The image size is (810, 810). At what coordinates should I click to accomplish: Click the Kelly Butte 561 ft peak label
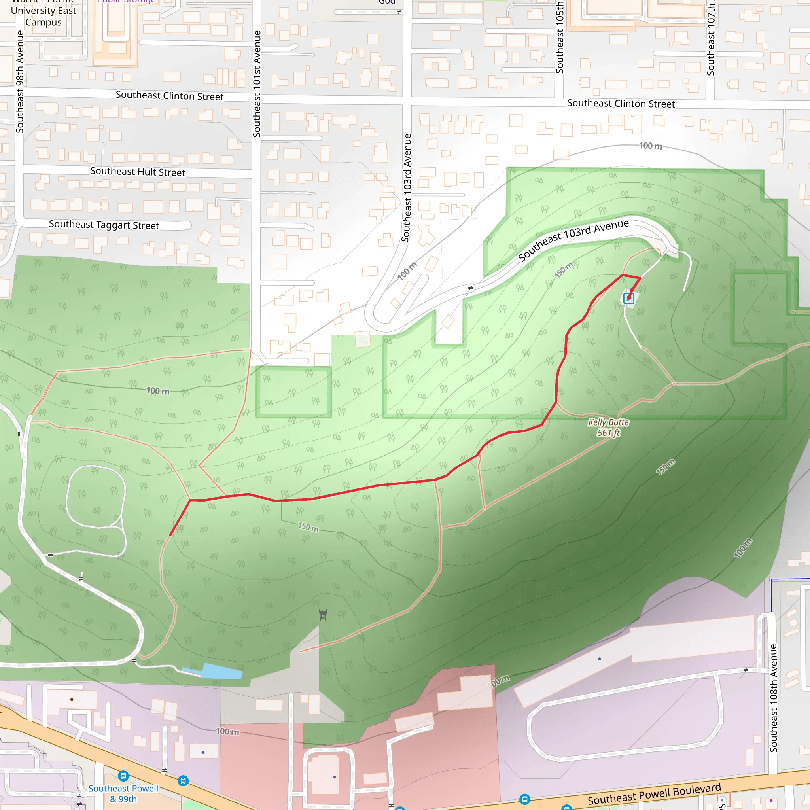(x=608, y=427)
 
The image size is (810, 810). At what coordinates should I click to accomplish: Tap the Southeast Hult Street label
(x=138, y=172)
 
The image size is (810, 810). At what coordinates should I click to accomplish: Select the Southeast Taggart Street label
(x=104, y=225)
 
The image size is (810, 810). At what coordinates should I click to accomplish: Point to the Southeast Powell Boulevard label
(x=654, y=794)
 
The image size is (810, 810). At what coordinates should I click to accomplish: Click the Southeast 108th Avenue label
(x=774, y=698)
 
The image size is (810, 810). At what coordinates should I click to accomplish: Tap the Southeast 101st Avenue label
(x=257, y=84)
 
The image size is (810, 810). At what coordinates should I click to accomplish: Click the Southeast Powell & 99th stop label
(x=123, y=794)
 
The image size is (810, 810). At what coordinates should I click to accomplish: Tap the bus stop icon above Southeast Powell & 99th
(x=123, y=776)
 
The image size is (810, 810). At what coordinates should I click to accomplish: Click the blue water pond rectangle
(x=222, y=671)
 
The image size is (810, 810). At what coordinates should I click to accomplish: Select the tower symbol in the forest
(x=323, y=615)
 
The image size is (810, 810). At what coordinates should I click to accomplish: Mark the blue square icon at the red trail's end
(x=628, y=298)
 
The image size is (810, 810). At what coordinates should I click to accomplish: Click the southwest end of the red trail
(x=170, y=535)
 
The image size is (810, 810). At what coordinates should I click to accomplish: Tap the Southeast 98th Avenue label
(x=20, y=82)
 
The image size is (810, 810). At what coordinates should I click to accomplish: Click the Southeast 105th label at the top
(x=559, y=38)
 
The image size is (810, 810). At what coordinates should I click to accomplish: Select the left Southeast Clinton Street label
(x=169, y=96)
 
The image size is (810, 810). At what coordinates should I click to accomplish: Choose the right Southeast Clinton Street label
(x=621, y=104)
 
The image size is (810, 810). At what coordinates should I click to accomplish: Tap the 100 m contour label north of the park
(x=650, y=146)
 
